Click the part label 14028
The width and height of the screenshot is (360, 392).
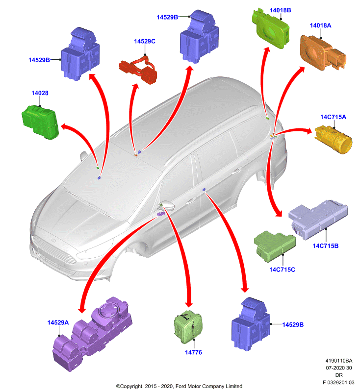(40, 93)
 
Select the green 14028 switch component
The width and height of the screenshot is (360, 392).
(41, 122)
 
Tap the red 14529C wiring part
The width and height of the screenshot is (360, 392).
(138, 70)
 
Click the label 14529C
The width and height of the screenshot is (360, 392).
(145, 41)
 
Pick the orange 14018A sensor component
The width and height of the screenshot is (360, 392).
(323, 53)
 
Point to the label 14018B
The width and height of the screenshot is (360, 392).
(280, 10)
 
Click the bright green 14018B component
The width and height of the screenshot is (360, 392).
(271, 28)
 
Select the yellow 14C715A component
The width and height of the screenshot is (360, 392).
(333, 139)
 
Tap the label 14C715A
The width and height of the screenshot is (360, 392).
(333, 117)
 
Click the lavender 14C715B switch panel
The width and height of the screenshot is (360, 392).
(318, 219)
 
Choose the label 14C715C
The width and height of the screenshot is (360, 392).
(282, 269)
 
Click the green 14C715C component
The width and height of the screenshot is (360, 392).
(275, 246)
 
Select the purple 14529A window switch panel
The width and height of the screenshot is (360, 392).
(93, 333)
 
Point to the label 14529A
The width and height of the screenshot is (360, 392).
(58, 322)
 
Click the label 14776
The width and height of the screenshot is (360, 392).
(193, 352)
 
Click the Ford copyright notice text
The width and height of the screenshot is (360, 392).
(179, 386)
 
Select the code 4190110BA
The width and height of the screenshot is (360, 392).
(339, 361)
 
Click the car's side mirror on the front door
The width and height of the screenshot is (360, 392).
(168, 206)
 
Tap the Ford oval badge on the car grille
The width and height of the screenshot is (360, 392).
(53, 241)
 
